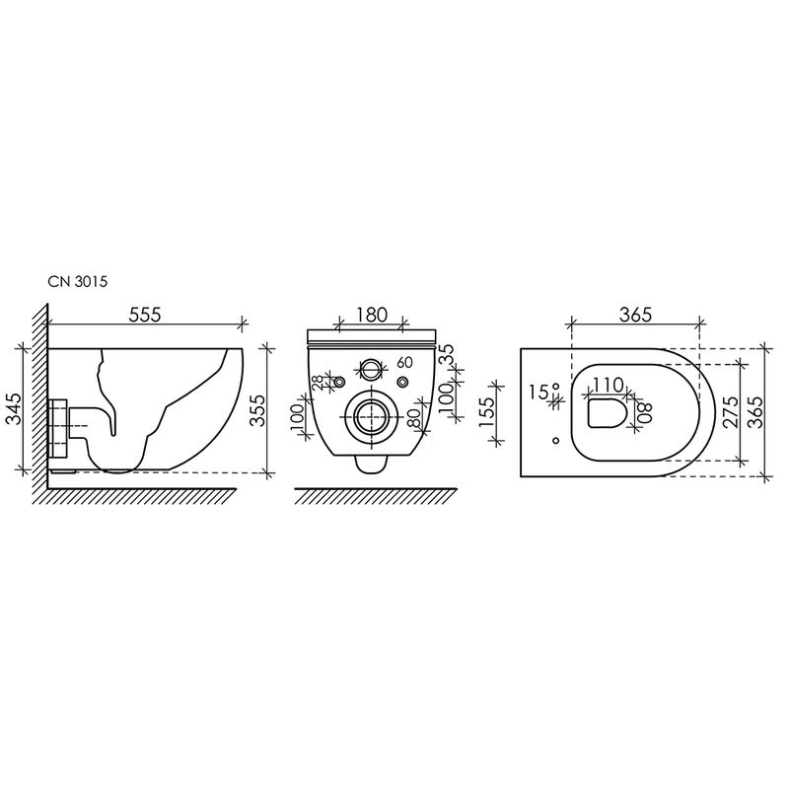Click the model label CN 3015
coord(78,281)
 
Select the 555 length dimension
coord(145,315)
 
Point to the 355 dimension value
coord(257,410)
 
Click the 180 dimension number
coord(372,315)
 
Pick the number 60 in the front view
coord(404,362)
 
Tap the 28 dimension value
coord(318,383)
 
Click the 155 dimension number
coord(487,412)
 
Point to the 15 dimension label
coord(538,392)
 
